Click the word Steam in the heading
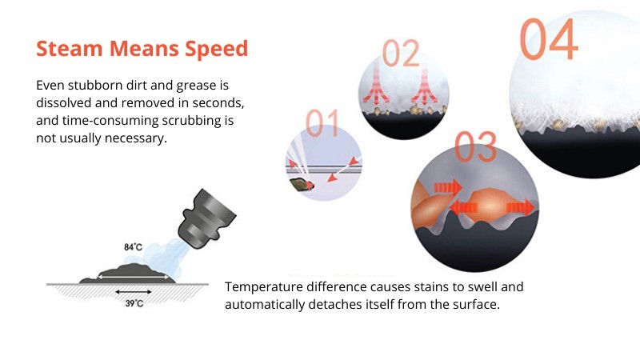click(x=69, y=48)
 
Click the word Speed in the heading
click(x=216, y=49)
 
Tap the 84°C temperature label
click(x=133, y=247)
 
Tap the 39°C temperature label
click(x=134, y=303)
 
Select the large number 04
click(x=549, y=39)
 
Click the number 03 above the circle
click(x=475, y=146)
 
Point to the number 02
click(x=401, y=53)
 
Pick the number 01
click(x=322, y=123)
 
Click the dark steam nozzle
click(x=206, y=219)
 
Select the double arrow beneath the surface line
click(x=134, y=292)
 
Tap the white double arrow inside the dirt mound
click(x=133, y=277)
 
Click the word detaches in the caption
click(x=332, y=305)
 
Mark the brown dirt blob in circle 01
click(x=302, y=185)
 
